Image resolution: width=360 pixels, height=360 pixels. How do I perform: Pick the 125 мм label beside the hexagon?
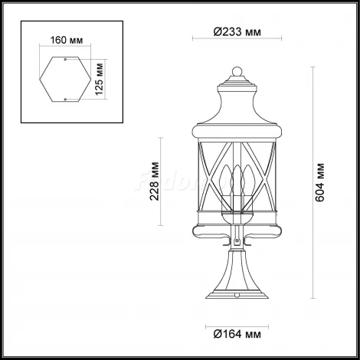tap(101, 77)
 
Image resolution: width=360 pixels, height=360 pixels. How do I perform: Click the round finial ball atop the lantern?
tap(236, 73)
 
